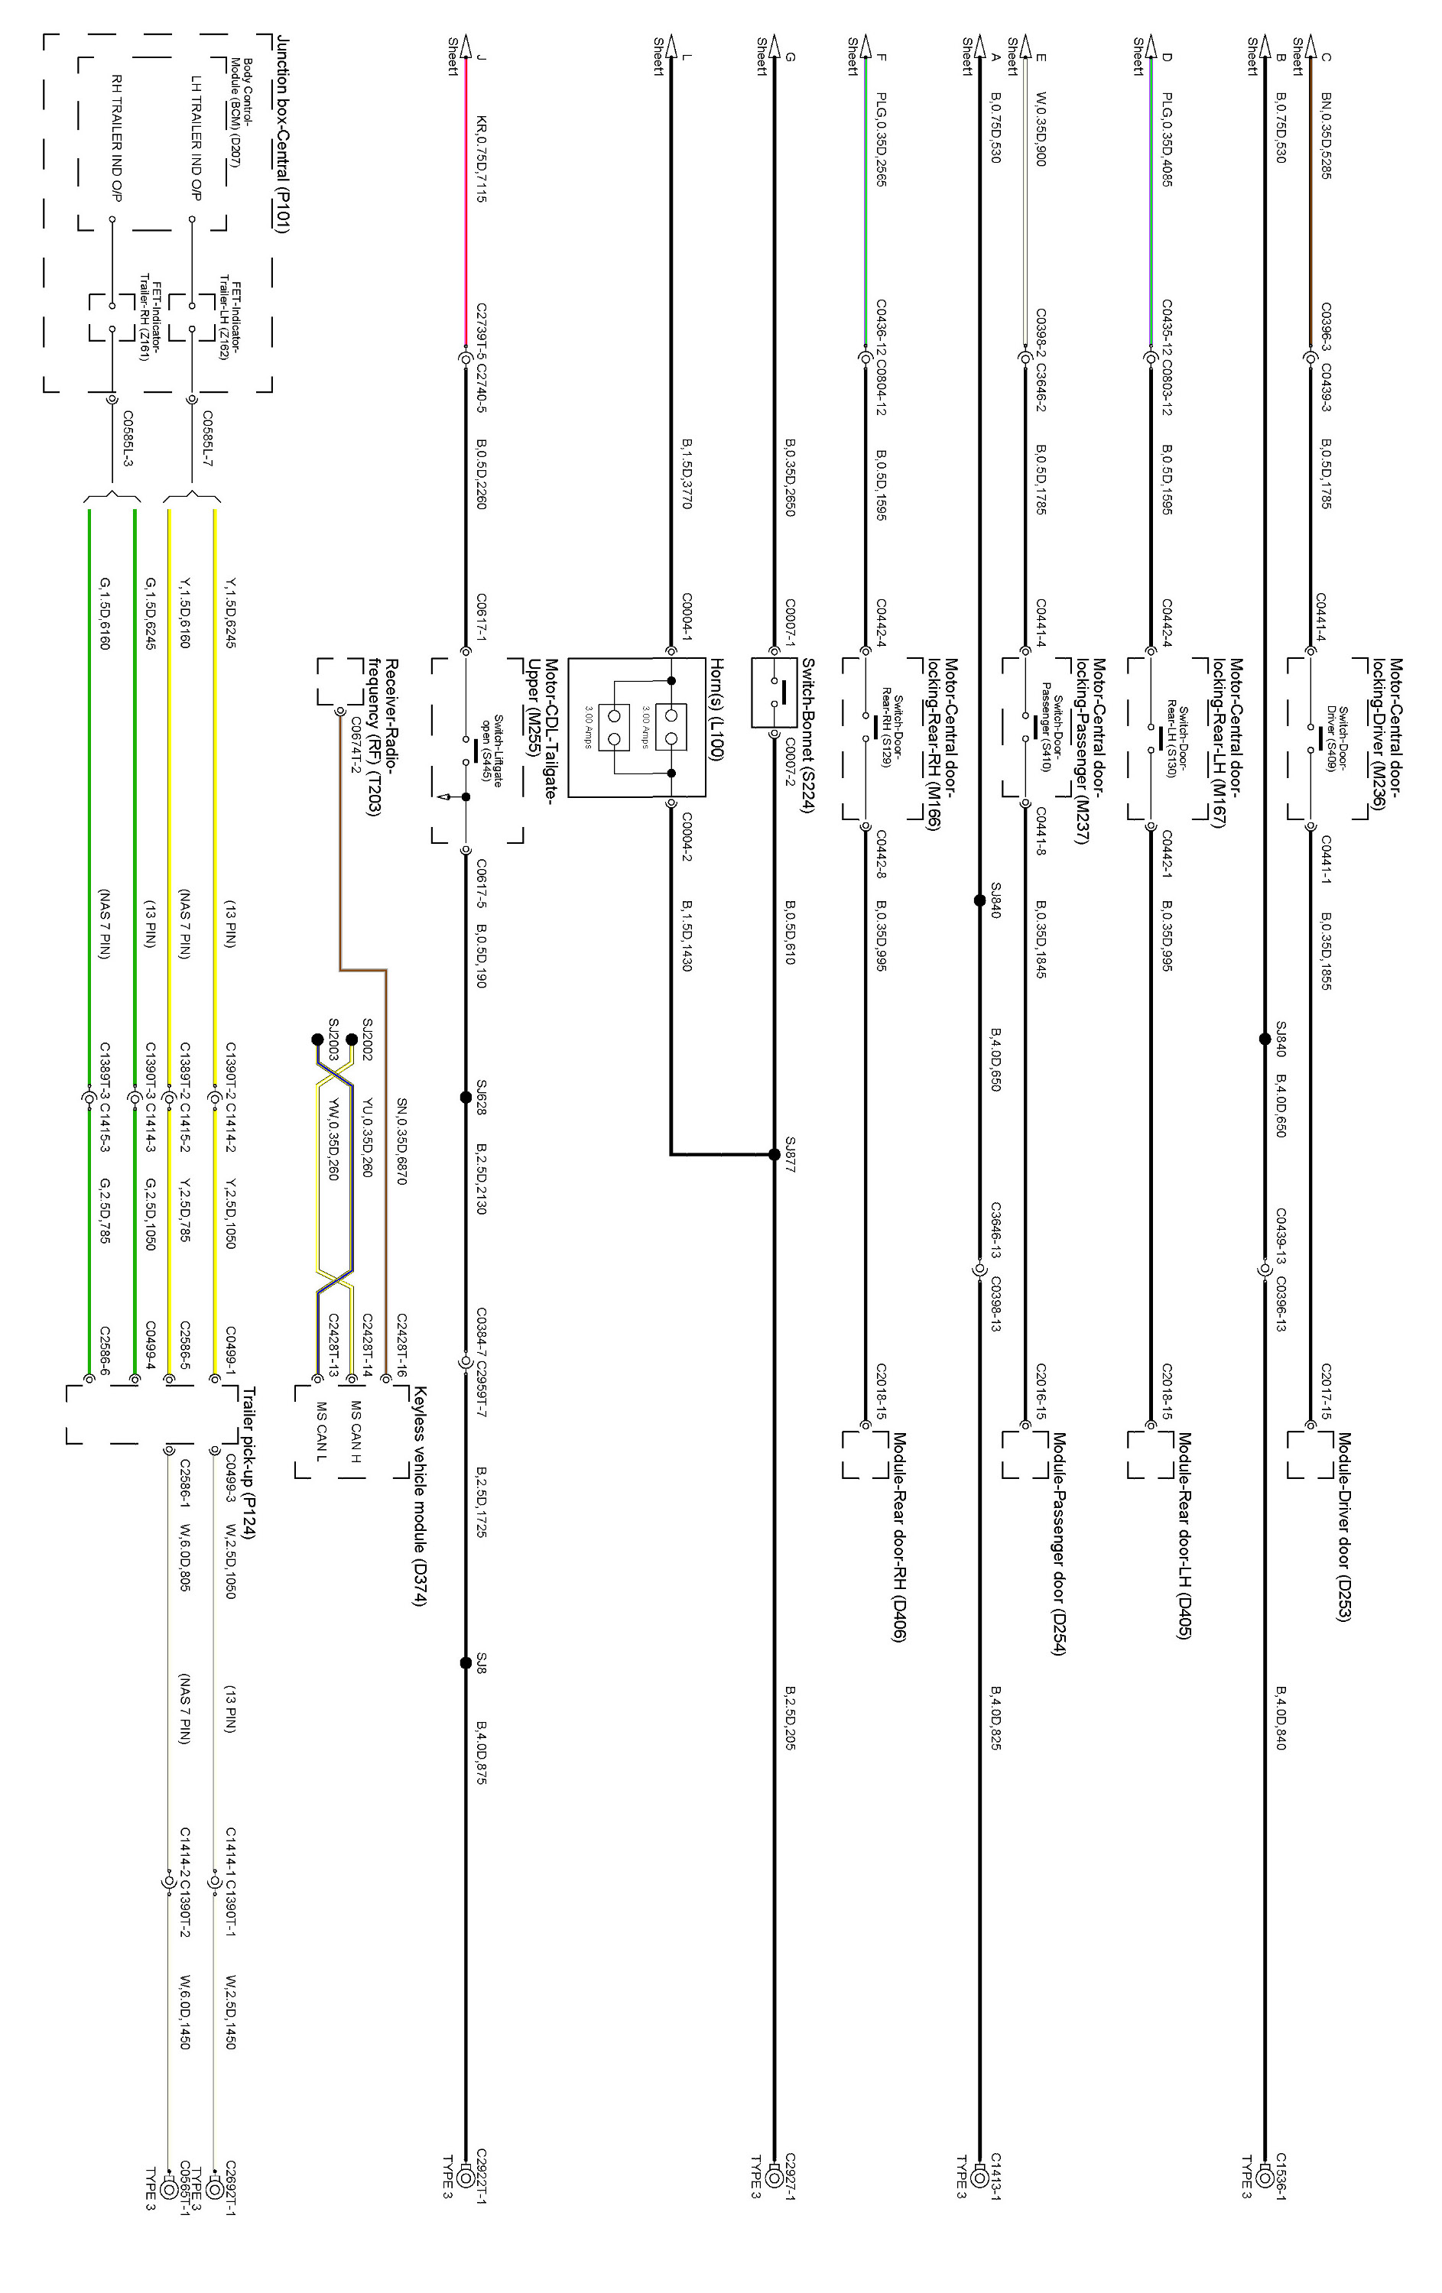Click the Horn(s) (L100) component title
point(717,709)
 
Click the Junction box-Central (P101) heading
point(283,133)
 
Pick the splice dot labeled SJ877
point(775,1154)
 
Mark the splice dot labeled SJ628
point(466,1098)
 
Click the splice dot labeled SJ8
point(466,1662)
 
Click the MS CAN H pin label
point(356,1430)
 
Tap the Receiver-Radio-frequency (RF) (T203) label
point(382,737)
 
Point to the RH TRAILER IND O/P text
point(117,138)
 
